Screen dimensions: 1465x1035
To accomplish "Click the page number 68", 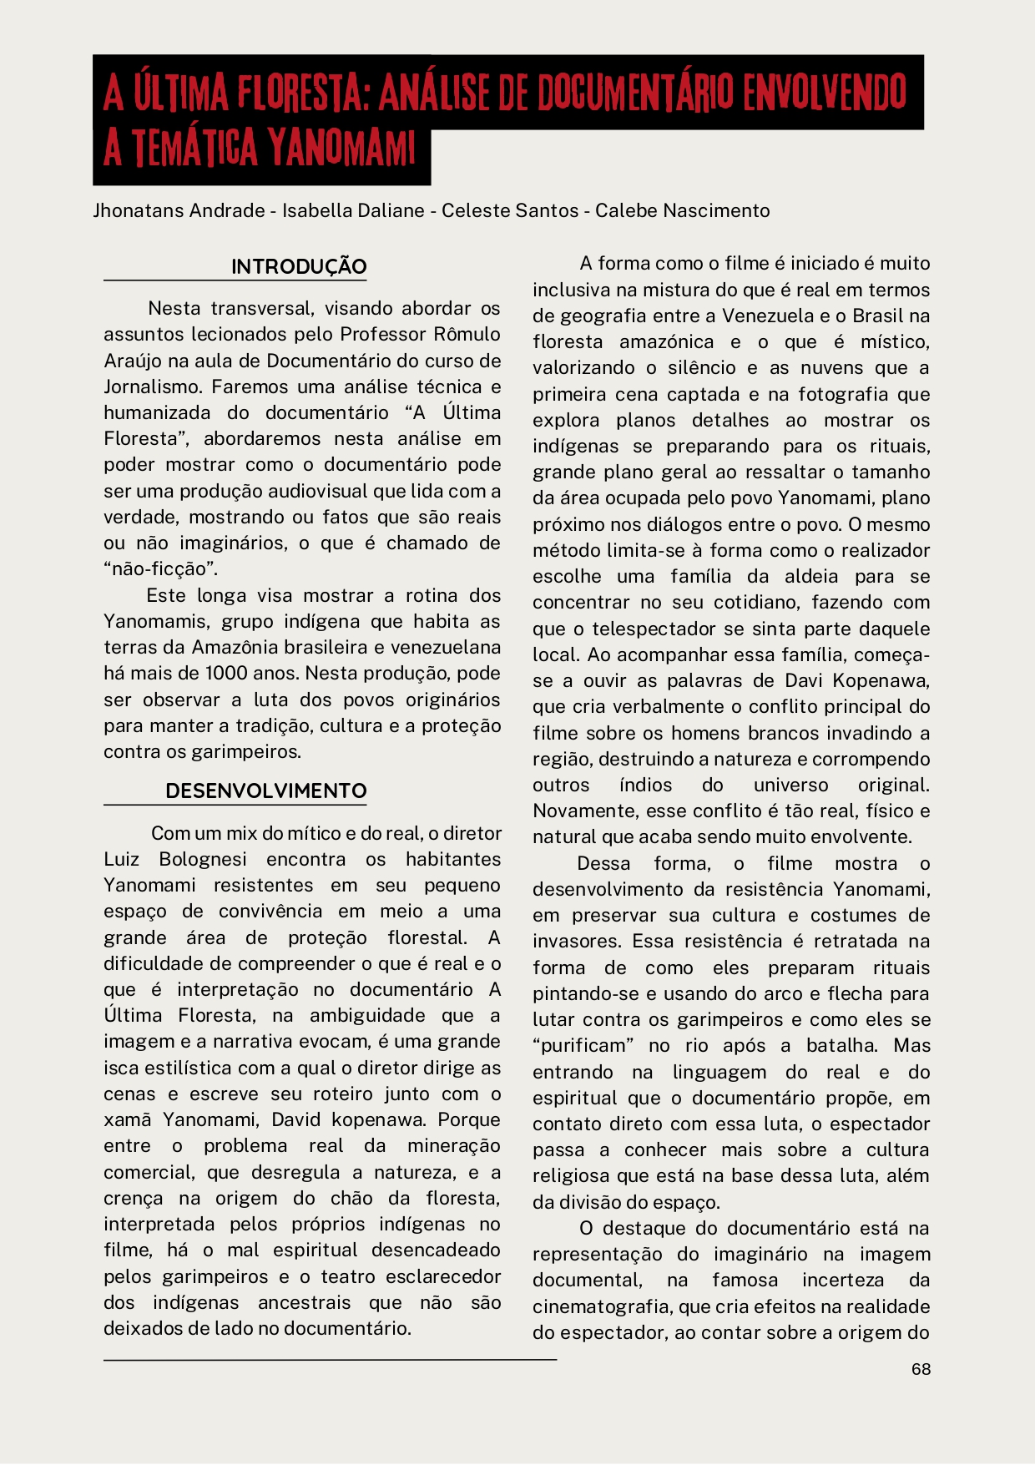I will click(x=921, y=1369).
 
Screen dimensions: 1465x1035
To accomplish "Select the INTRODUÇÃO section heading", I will click(x=299, y=267).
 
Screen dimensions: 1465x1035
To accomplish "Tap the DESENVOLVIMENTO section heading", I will click(x=265, y=791).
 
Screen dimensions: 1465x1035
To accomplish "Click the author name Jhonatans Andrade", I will click(x=179, y=210).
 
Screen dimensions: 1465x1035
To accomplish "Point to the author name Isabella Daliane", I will click(x=353, y=210).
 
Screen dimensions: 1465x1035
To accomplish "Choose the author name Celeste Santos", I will click(x=510, y=210).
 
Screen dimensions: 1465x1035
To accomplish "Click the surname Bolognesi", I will click(x=203, y=860).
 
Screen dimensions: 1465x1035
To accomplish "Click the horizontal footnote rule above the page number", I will click(x=330, y=1360).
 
